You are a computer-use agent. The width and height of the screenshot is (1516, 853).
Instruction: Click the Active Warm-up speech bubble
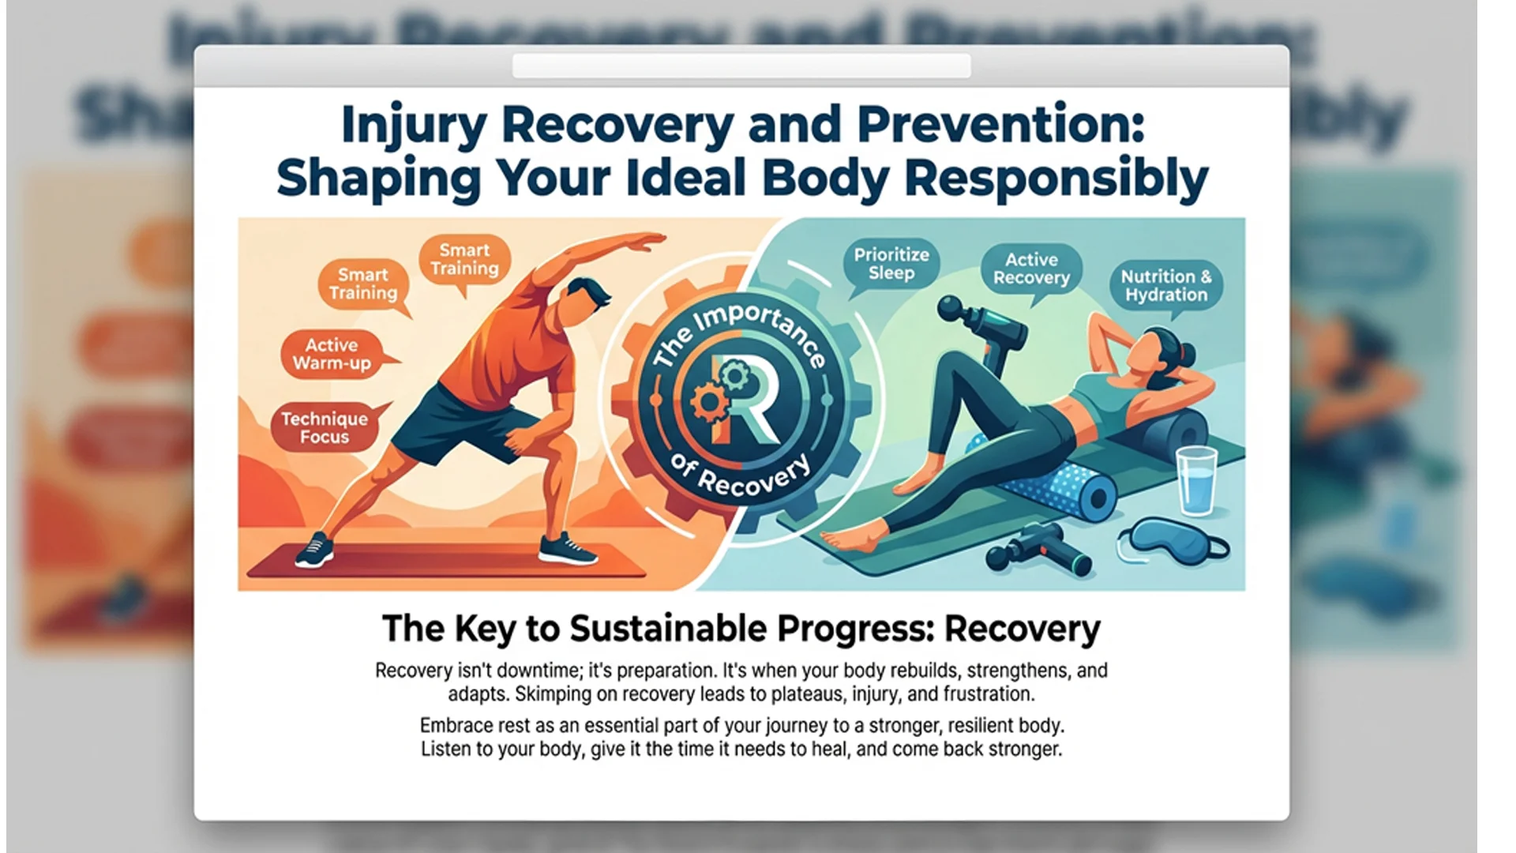point(332,355)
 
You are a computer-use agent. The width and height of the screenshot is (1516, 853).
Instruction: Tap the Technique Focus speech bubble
point(325,427)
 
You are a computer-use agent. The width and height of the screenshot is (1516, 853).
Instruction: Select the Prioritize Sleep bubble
point(891,264)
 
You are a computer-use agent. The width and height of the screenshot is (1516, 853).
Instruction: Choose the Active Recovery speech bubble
point(1031,269)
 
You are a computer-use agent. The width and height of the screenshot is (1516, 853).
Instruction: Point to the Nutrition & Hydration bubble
point(1166,285)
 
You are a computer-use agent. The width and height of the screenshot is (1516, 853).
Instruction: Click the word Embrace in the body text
point(452,726)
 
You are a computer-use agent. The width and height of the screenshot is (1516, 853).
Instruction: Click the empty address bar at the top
point(741,66)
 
